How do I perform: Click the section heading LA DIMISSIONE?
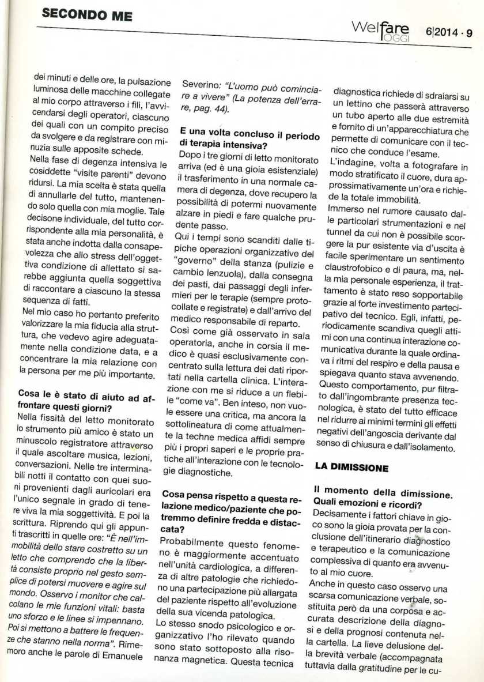351,469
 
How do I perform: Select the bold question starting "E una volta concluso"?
241,136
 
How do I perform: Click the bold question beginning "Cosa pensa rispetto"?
236,504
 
